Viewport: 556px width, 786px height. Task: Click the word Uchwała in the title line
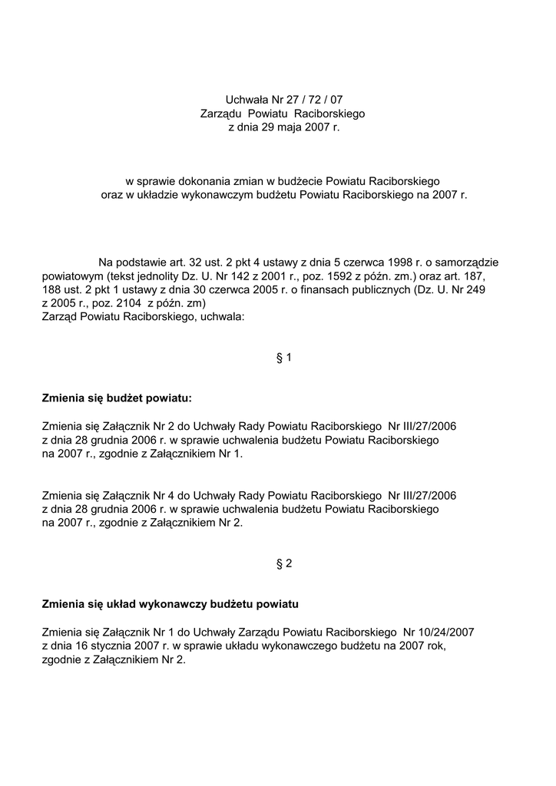pyautogui.click(x=245, y=99)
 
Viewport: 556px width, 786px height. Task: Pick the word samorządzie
pyautogui.click(x=462, y=262)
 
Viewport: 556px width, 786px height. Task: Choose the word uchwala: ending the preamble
pyautogui.click(x=222, y=317)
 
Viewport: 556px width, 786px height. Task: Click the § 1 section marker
pyautogui.click(x=283, y=357)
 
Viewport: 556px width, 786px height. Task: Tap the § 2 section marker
pyautogui.click(x=283, y=563)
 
